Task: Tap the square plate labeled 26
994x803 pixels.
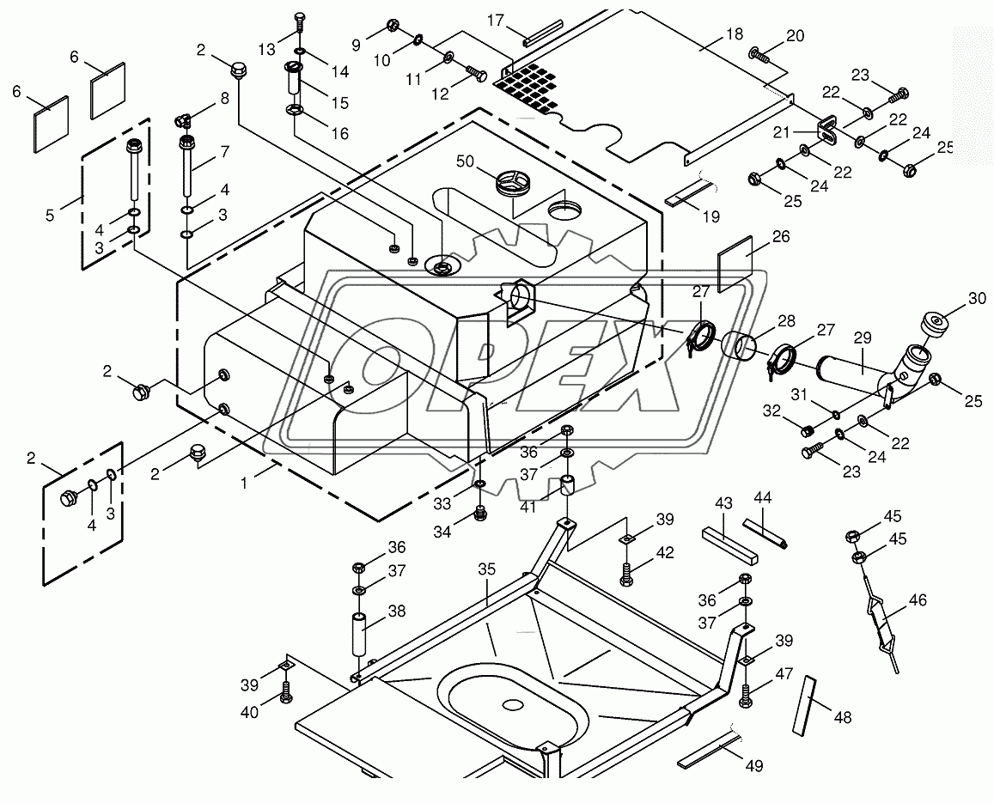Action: coord(736,265)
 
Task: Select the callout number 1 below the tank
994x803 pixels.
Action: coord(244,483)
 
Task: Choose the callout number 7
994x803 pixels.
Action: coord(225,152)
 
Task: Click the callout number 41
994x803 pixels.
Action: coord(527,507)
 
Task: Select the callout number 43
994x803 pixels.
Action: coord(723,502)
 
